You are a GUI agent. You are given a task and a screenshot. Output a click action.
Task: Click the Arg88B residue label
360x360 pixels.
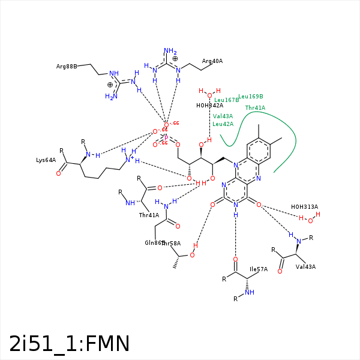66,66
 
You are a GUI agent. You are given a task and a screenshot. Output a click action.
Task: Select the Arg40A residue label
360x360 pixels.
212,61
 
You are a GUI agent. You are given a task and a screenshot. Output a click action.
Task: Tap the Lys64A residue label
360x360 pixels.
46,160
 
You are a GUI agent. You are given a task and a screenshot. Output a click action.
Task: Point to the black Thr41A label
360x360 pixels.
149,215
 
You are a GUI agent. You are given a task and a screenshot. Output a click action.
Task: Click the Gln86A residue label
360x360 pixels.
154,243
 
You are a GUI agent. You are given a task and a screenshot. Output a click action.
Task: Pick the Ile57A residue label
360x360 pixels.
258,269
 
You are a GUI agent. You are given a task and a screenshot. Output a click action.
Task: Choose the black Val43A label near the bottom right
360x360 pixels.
305,266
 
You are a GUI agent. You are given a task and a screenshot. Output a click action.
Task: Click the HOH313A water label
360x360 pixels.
304,207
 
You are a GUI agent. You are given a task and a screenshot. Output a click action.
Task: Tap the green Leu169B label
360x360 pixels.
251,96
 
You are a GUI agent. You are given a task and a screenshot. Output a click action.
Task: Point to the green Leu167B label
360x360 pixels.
226,100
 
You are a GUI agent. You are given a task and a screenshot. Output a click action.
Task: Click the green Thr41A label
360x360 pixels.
255,108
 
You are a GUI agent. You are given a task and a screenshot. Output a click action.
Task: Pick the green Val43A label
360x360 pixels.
223,116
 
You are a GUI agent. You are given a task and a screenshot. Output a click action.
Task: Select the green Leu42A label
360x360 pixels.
223,124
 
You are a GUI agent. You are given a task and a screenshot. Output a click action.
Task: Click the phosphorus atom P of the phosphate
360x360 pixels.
166,137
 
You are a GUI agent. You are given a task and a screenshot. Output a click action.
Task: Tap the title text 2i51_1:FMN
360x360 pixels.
70,343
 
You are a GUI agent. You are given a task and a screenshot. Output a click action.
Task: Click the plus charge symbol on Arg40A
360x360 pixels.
175,59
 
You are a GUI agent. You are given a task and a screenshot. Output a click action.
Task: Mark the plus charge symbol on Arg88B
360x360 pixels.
110,85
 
